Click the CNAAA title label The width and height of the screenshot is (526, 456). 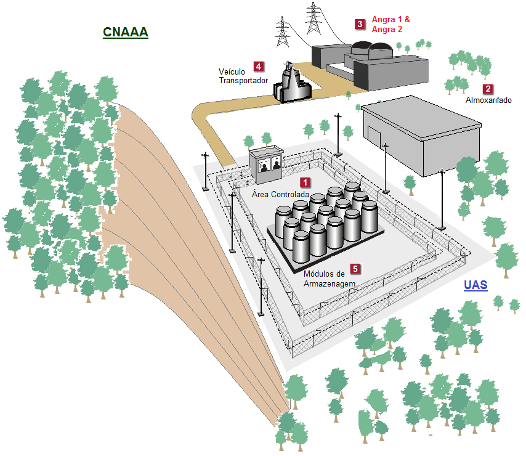click(125, 32)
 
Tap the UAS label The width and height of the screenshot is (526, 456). click(474, 285)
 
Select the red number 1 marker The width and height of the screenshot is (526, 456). click(305, 183)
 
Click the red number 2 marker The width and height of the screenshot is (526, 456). click(488, 89)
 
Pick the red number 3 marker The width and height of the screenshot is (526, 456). click(360, 24)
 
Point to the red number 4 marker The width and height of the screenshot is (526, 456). click(259, 66)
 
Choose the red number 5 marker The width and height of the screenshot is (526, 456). click(355, 269)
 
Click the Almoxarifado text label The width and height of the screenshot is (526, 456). click(488, 100)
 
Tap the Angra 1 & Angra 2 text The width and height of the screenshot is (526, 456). click(390, 24)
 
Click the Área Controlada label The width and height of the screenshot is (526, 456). click(281, 194)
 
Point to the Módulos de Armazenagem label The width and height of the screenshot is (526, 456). click(330, 278)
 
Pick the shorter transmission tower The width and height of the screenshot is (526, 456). click(282, 32)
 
